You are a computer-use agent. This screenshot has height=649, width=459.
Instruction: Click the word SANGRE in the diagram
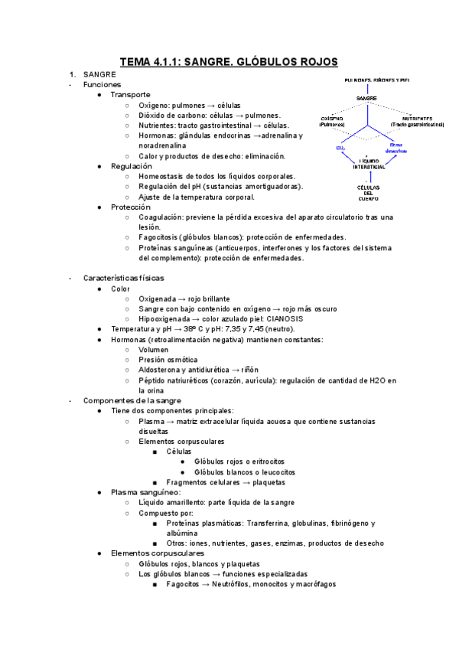pos(366,99)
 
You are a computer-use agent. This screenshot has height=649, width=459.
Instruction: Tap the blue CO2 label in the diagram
pos(341,148)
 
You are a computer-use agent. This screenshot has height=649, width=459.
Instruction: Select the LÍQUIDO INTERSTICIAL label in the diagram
pos(366,164)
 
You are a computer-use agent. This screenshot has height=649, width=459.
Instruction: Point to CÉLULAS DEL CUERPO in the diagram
pos(366,192)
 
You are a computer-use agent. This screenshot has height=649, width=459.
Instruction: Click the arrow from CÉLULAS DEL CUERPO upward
pos(366,177)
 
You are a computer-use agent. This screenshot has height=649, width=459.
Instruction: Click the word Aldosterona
pos(161,369)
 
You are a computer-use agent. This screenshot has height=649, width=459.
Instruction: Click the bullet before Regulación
pos(101,166)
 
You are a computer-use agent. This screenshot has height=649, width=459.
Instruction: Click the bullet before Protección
pos(101,207)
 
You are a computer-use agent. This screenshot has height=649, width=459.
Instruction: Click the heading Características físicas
pos(123,278)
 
